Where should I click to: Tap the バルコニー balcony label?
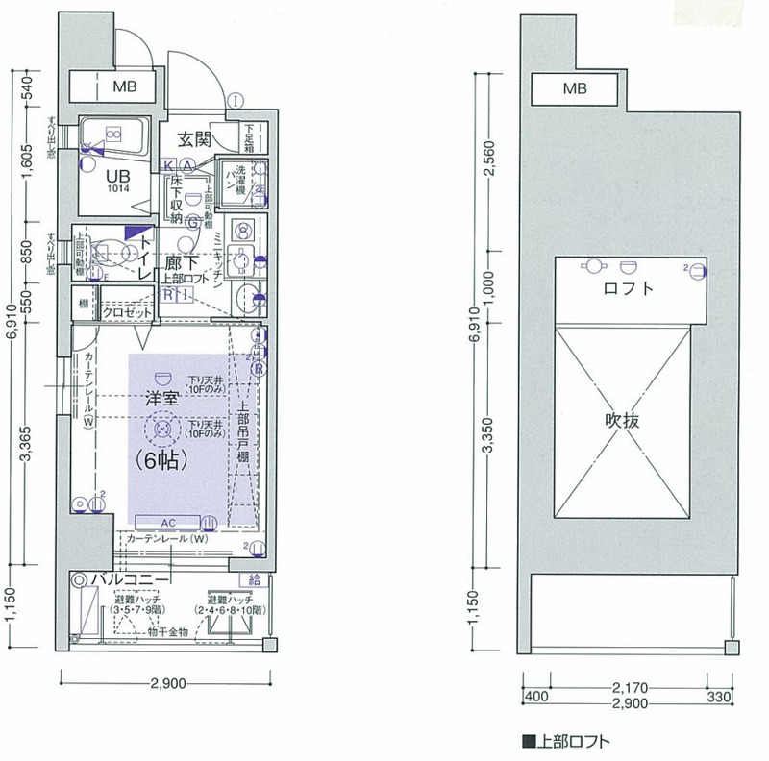[130, 580]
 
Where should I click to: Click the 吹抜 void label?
[624, 420]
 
